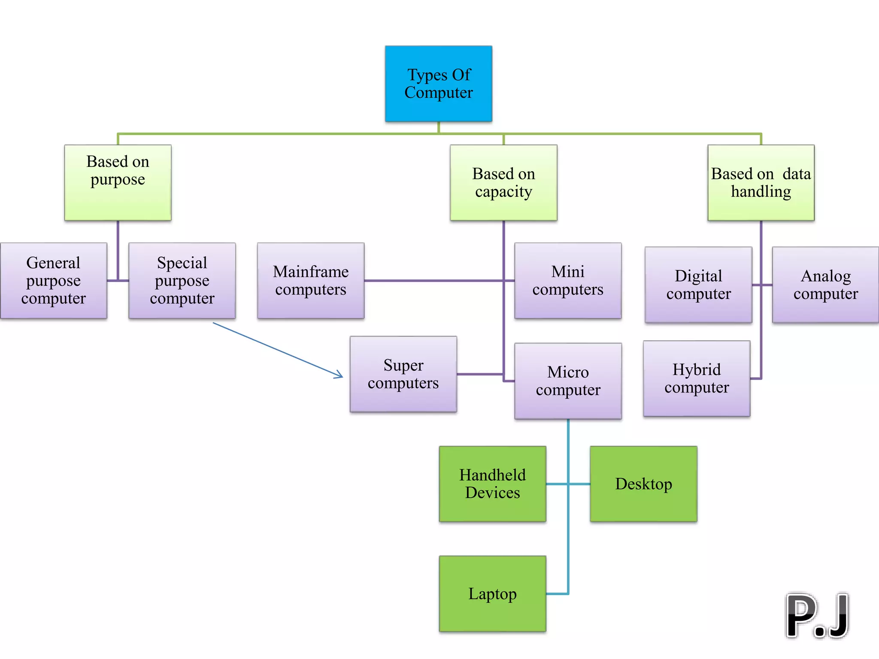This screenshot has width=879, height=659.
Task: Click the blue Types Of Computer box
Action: click(438, 84)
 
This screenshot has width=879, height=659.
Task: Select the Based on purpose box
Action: click(118, 183)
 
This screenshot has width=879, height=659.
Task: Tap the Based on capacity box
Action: click(503, 183)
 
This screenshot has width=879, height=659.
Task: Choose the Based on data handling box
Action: click(761, 183)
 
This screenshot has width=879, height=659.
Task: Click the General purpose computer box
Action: click(53, 281)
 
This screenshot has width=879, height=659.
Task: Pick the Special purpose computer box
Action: click(182, 281)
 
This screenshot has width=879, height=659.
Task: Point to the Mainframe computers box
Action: click(311, 281)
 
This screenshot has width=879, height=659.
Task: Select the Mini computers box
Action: click(568, 281)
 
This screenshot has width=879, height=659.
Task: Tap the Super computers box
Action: click(403, 374)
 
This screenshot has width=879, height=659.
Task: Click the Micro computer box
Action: click(568, 381)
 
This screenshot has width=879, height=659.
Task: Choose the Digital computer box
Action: click(698, 285)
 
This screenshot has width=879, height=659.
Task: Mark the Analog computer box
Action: click(825, 285)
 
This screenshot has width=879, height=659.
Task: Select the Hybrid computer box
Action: click(697, 378)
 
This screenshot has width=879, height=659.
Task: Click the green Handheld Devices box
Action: click(492, 484)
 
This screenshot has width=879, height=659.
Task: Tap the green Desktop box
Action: click(643, 484)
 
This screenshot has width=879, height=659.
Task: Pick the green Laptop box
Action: click(492, 594)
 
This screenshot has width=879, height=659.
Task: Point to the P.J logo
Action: click(817, 616)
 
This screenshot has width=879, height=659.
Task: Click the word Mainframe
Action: click(311, 272)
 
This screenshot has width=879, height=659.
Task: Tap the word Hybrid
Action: click(697, 370)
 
